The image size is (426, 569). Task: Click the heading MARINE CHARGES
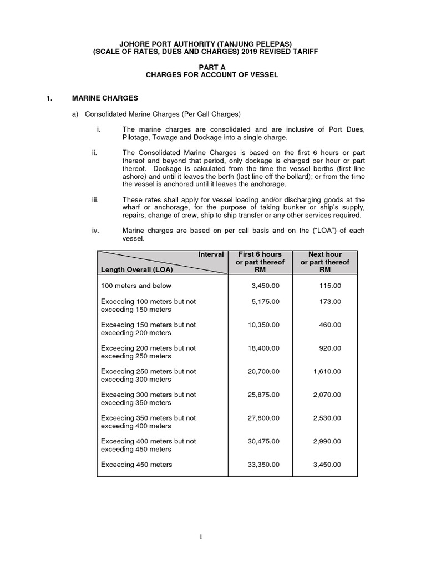pyautogui.click(x=105, y=98)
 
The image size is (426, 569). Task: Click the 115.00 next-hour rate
pyautogui.click(x=329, y=286)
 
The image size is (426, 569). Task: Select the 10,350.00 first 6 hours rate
pyautogui.click(x=263, y=325)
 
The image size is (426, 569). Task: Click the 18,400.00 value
pyautogui.click(x=263, y=348)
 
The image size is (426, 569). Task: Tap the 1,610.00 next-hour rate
pyautogui.click(x=327, y=371)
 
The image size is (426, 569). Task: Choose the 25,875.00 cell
pyautogui.click(x=263, y=395)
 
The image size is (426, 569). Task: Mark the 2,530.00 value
pyautogui.click(x=327, y=418)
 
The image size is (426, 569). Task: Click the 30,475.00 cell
pyautogui.click(x=263, y=441)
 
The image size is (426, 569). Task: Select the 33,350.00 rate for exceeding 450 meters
pyautogui.click(x=263, y=465)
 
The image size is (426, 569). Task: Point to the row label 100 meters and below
pyautogui.click(x=136, y=286)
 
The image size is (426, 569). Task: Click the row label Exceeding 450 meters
pyautogui.click(x=136, y=465)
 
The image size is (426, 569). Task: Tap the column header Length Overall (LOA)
pyautogui.click(x=136, y=270)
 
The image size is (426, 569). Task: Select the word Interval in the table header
pyautogui.click(x=211, y=254)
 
